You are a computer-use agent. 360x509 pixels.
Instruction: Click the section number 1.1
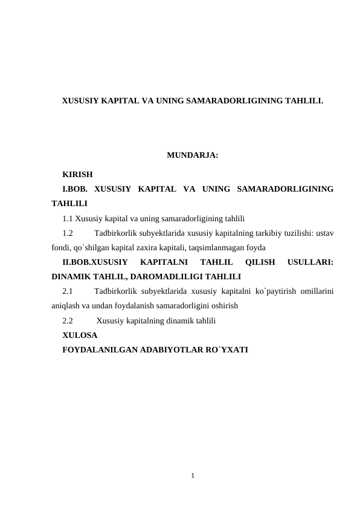tap(68, 218)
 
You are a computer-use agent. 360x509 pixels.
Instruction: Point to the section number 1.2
tap(68, 233)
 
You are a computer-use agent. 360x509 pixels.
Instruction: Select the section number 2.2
tap(68, 320)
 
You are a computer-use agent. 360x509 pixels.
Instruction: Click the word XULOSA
tap(76, 334)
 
